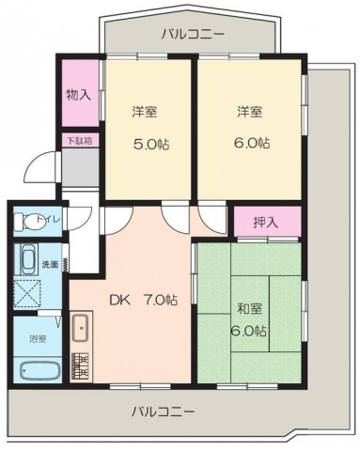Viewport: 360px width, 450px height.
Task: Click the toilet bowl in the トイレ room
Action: (26, 222)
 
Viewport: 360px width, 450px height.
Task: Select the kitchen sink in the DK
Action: (81, 328)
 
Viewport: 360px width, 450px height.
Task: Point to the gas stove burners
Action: (81, 366)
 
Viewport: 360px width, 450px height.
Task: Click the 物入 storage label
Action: (79, 94)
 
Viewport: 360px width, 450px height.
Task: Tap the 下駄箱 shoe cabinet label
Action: (80, 141)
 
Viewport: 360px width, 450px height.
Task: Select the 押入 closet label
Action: (266, 222)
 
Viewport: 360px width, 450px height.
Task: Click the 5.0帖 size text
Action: (151, 145)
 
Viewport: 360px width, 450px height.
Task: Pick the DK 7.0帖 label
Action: (143, 300)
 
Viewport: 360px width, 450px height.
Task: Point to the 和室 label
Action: (250, 309)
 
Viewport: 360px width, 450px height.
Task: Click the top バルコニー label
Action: (193, 34)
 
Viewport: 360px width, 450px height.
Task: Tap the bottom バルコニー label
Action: (163, 411)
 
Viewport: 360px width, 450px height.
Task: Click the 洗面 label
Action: (50, 265)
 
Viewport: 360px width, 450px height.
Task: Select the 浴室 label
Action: (38, 338)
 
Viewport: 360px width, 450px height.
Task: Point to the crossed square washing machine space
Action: (27, 294)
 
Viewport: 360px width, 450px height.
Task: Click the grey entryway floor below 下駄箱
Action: (80, 167)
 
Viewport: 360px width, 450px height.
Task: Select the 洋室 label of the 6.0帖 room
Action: (249, 111)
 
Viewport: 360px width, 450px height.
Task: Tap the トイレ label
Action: (49, 219)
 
